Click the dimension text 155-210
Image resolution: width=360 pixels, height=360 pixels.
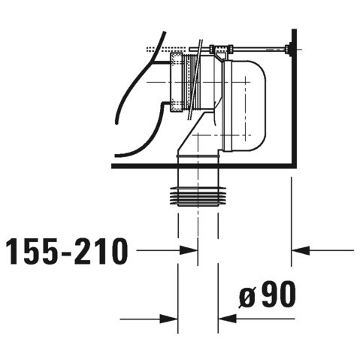[x=65, y=252]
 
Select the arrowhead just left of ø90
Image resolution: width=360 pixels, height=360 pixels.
[x=225, y=319]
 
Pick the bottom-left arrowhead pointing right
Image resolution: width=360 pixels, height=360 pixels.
[x=171, y=319]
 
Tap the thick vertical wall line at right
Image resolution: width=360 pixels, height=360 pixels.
[x=292, y=98]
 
